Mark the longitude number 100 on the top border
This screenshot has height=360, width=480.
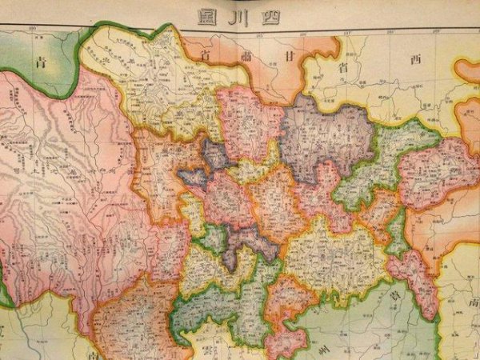[x=34, y=29]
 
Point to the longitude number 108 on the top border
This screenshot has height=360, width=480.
[x=390, y=33]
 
